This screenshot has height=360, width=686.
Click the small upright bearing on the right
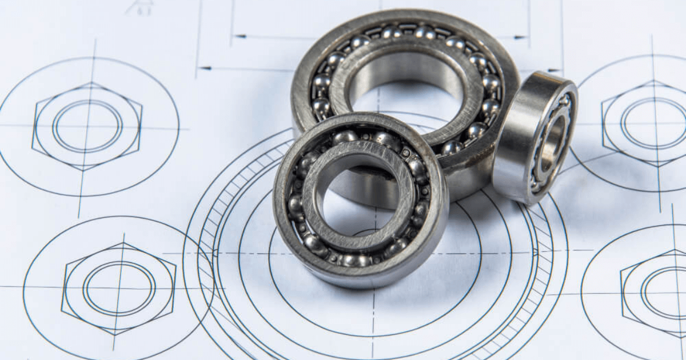[x=535, y=137]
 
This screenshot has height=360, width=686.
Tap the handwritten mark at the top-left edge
[x=139, y=7]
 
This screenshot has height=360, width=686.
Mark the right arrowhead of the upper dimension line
[x=520, y=38]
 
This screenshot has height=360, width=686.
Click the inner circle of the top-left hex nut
[x=87, y=126]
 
